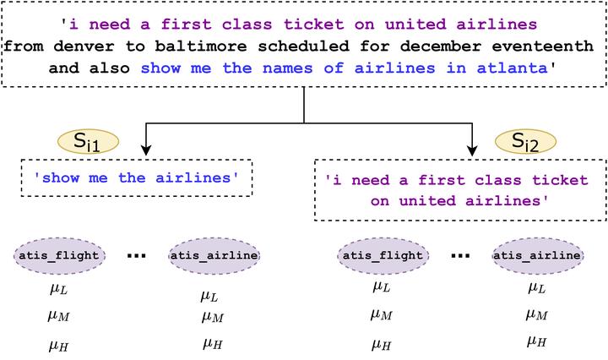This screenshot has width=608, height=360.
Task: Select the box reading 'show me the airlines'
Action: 136,177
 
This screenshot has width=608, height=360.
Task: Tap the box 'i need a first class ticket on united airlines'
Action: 461,191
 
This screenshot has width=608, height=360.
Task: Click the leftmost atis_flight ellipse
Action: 59,254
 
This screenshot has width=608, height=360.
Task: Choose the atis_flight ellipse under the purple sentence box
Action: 382,254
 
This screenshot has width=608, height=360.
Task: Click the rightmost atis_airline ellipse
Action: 537,254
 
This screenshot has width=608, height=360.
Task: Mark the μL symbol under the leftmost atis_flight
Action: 57,289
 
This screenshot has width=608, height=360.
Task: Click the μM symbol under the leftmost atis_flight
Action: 57,316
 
